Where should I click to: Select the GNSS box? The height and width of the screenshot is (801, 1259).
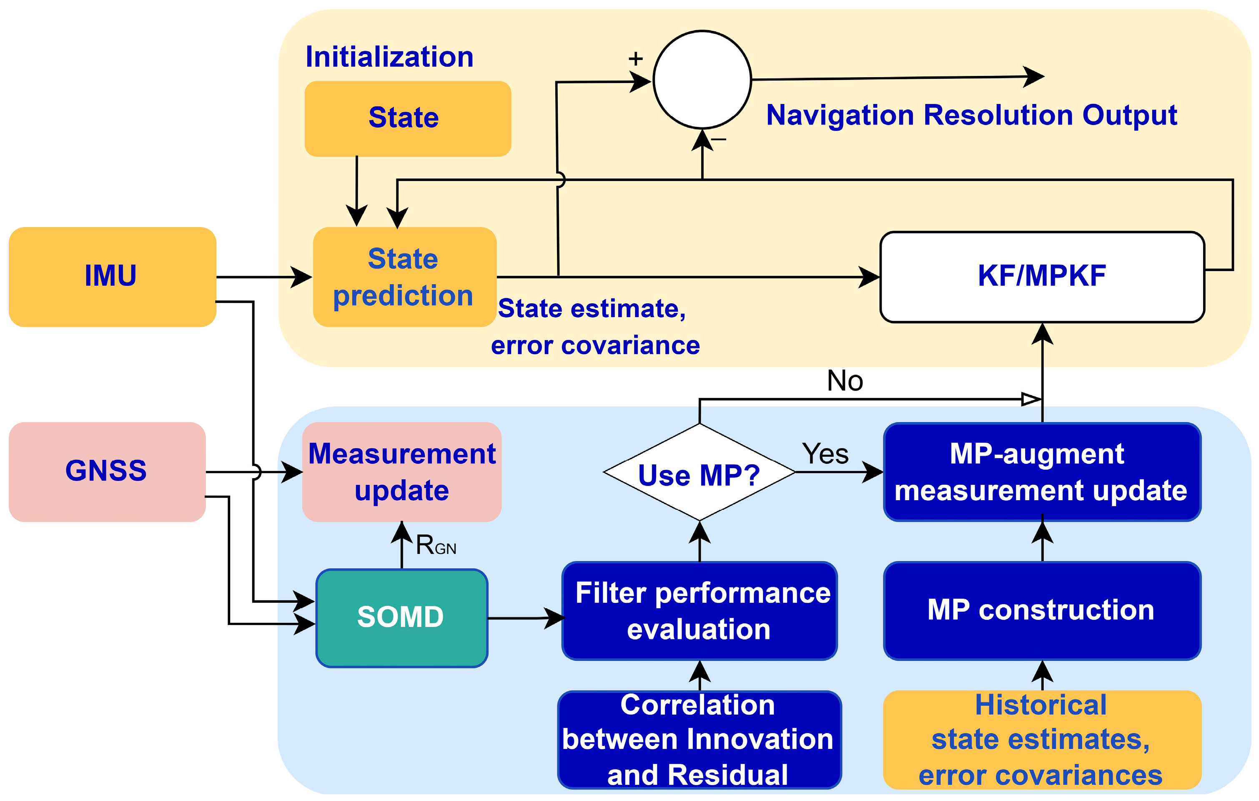click(x=107, y=471)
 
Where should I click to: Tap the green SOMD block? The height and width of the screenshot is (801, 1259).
click(x=401, y=618)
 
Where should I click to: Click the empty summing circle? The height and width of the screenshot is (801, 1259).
click(x=702, y=80)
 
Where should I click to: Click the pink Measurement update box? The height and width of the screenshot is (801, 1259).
click(x=401, y=471)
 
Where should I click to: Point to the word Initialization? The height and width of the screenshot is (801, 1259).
click(x=389, y=56)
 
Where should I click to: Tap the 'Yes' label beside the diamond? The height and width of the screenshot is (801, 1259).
click(x=825, y=453)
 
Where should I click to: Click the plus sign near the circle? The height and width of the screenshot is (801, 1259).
click(x=635, y=58)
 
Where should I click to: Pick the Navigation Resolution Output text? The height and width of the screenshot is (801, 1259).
click(x=971, y=115)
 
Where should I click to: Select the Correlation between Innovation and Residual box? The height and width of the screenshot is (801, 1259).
click(x=700, y=739)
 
